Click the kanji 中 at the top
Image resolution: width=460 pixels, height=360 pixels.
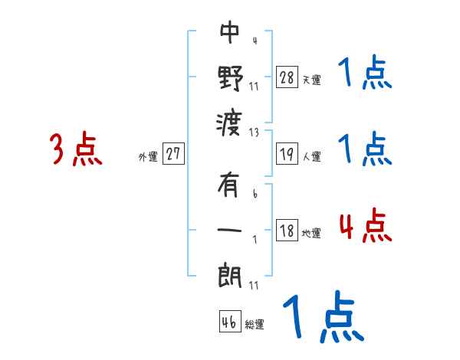click(x=229, y=33)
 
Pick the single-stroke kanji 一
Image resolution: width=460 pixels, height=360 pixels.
click(x=230, y=229)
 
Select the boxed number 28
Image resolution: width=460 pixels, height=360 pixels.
click(x=287, y=77)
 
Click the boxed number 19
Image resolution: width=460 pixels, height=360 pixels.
click(x=287, y=154)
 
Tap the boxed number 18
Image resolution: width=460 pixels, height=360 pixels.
click(x=287, y=231)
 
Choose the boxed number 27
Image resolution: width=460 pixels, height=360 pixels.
click(x=173, y=154)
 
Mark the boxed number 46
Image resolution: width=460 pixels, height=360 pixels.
click(x=228, y=322)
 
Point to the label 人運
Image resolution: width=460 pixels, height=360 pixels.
click(x=311, y=157)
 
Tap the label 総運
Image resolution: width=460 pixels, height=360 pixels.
click(x=254, y=325)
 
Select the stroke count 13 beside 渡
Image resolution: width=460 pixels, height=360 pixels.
click(x=254, y=132)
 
